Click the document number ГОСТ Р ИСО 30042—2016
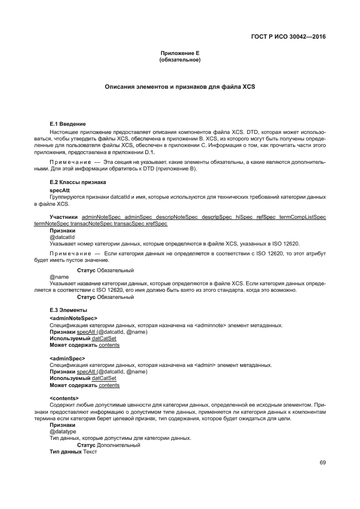pyautogui.click(x=291, y=37)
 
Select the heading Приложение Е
pyautogui.click(x=180, y=53)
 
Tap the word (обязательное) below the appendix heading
pyautogui.click(x=180, y=59)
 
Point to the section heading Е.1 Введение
pyautogui.click(x=68, y=125)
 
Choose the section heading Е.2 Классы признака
pyautogui.click(x=77, y=182)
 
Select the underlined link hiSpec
pyautogui.click(x=243, y=217)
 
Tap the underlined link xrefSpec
pyautogui.click(x=157, y=223)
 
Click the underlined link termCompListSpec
pyautogui.click(x=303, y=217)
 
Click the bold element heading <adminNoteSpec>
pyautogui.click(x=73, y=318)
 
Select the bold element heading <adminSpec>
pyautogui.click(x=67, y=358)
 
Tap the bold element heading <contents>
pyautogui.click(x=64, y=398)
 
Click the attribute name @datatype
pyautogui.click(x=63, y=431)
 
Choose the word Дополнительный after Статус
pyautogui.click(x=119, y=445)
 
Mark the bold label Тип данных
pyautogui.click(x=65, y=451)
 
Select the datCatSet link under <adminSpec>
pyautogui.click(x=104, y=378)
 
